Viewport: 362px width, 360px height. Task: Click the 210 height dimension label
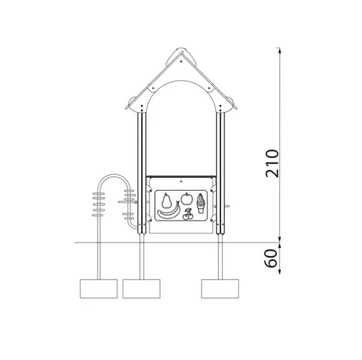coord(273,163)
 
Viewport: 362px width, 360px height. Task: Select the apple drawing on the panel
coord(187,199)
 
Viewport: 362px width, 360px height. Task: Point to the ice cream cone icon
coord(201,203)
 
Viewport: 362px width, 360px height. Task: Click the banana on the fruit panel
coord(169,210)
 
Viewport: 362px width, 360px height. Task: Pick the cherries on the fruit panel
coord(187,215)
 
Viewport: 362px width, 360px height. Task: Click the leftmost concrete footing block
coord(98,289)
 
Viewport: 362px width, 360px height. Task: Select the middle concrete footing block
coord(142,289)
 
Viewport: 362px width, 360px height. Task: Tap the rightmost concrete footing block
coord(220,289)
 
